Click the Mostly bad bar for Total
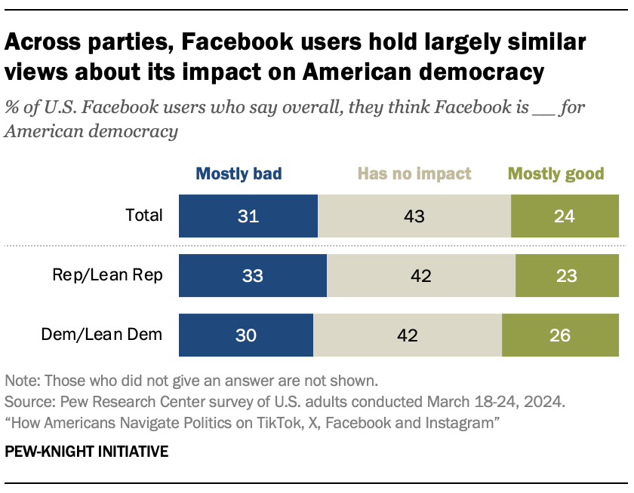click(248, 216)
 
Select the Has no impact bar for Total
click(414, 216)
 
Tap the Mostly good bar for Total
click(565, 216)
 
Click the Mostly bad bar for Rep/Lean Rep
click(253, 275)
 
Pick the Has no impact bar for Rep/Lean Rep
click(421, 275)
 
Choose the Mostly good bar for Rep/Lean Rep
click(567, 275)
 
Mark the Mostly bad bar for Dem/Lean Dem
click(246, 335)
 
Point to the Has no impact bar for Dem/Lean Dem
click(408, 335)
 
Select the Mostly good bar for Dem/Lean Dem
click(560, 335)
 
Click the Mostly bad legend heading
click(239, 174)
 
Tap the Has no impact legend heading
click(414, 174)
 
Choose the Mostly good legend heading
click(556, 174)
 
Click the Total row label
click(143, 216)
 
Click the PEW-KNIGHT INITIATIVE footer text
click(86, 452)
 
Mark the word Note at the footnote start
click(20, 379)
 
